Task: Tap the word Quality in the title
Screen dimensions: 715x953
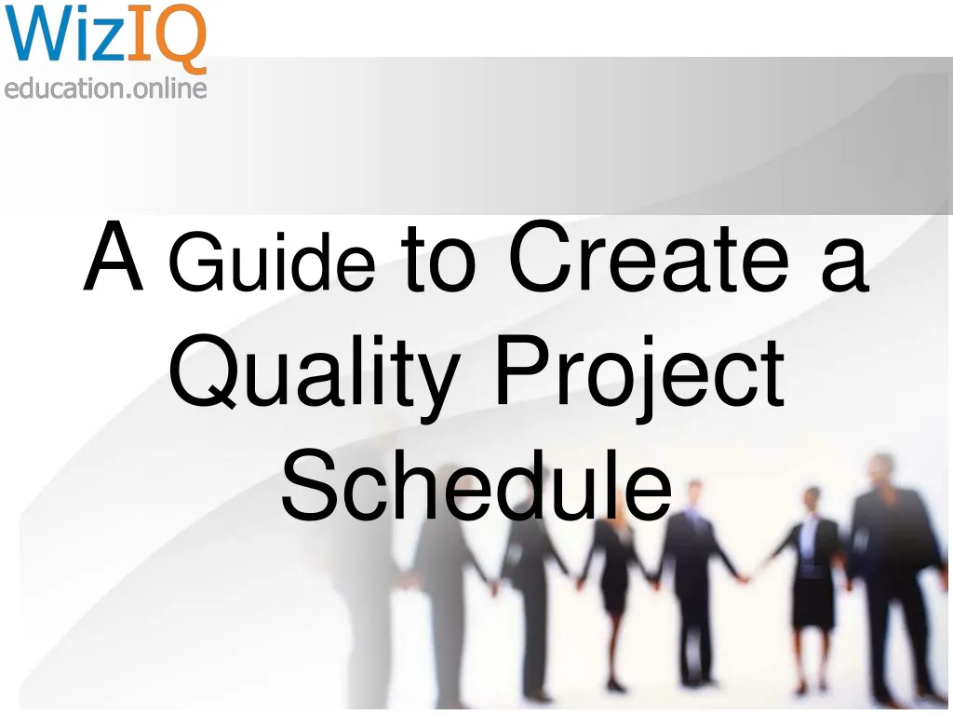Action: [x=314, y=374]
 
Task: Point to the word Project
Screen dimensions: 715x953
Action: [x=639, y=374]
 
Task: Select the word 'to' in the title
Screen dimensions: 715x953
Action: [x=437, y=261]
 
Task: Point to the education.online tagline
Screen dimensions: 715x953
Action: [x=104, y=88]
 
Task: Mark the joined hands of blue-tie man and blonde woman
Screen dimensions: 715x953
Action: [x=651, y=582]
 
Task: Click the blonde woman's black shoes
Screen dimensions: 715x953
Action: [x=615, y=686]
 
